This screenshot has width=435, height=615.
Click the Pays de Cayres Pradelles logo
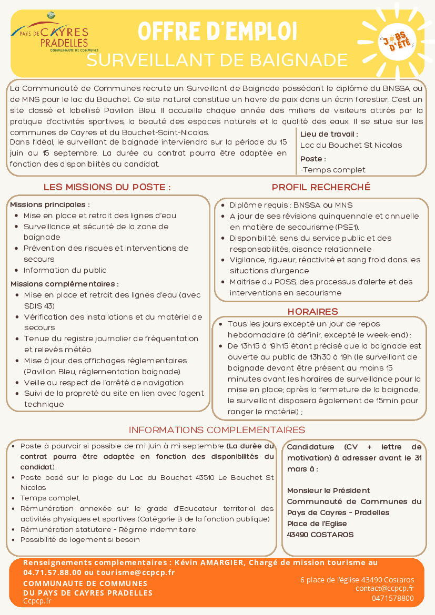(x=49, y=35)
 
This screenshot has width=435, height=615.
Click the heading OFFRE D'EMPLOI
(x=217, y=32)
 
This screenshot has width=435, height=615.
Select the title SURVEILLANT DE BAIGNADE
(x=217, y=60)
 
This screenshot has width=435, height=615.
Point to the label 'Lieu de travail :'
(x=329, y=134)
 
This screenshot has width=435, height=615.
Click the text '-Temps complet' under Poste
(x=332, y=170)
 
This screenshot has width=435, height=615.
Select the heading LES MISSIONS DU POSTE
(x=107, y=187)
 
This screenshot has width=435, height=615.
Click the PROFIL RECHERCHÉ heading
(x=321, y=187)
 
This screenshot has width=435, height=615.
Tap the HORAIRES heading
(x=320, y=312)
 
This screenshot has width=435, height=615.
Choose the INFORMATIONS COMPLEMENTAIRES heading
(x=217, y=430)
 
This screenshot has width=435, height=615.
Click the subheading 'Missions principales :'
(x=50, y=204)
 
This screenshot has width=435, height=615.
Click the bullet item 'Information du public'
(x=65, y=270)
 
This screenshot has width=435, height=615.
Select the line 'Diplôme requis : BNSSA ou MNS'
(x=291, y=205)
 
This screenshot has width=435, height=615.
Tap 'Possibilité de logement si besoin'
(x=80, y=539)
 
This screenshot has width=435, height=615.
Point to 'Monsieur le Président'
(x=328, y=490)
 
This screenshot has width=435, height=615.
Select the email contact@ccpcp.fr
(x=385, y=589)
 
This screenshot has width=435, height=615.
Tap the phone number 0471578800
(x=392, y=598)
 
